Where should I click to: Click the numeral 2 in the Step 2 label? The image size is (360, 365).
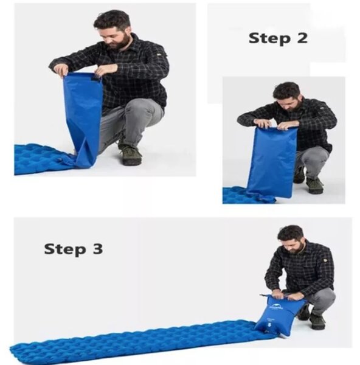click(x=302, y=38)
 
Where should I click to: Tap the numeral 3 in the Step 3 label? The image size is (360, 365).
click(x=97, y=249)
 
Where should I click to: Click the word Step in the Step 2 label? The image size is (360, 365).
click(x=269, y=39)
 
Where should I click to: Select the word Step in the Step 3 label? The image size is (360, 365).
click(x=64, y=249)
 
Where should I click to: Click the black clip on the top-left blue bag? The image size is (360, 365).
click(x=95, y=80)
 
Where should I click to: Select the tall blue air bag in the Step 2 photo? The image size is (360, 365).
click(x=272, y=162)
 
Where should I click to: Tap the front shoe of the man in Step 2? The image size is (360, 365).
click(x=314, y=186)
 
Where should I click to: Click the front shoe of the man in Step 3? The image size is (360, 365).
click(x=317, y=321)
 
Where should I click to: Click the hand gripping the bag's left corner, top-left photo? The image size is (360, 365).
click(x=60, y=69)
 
